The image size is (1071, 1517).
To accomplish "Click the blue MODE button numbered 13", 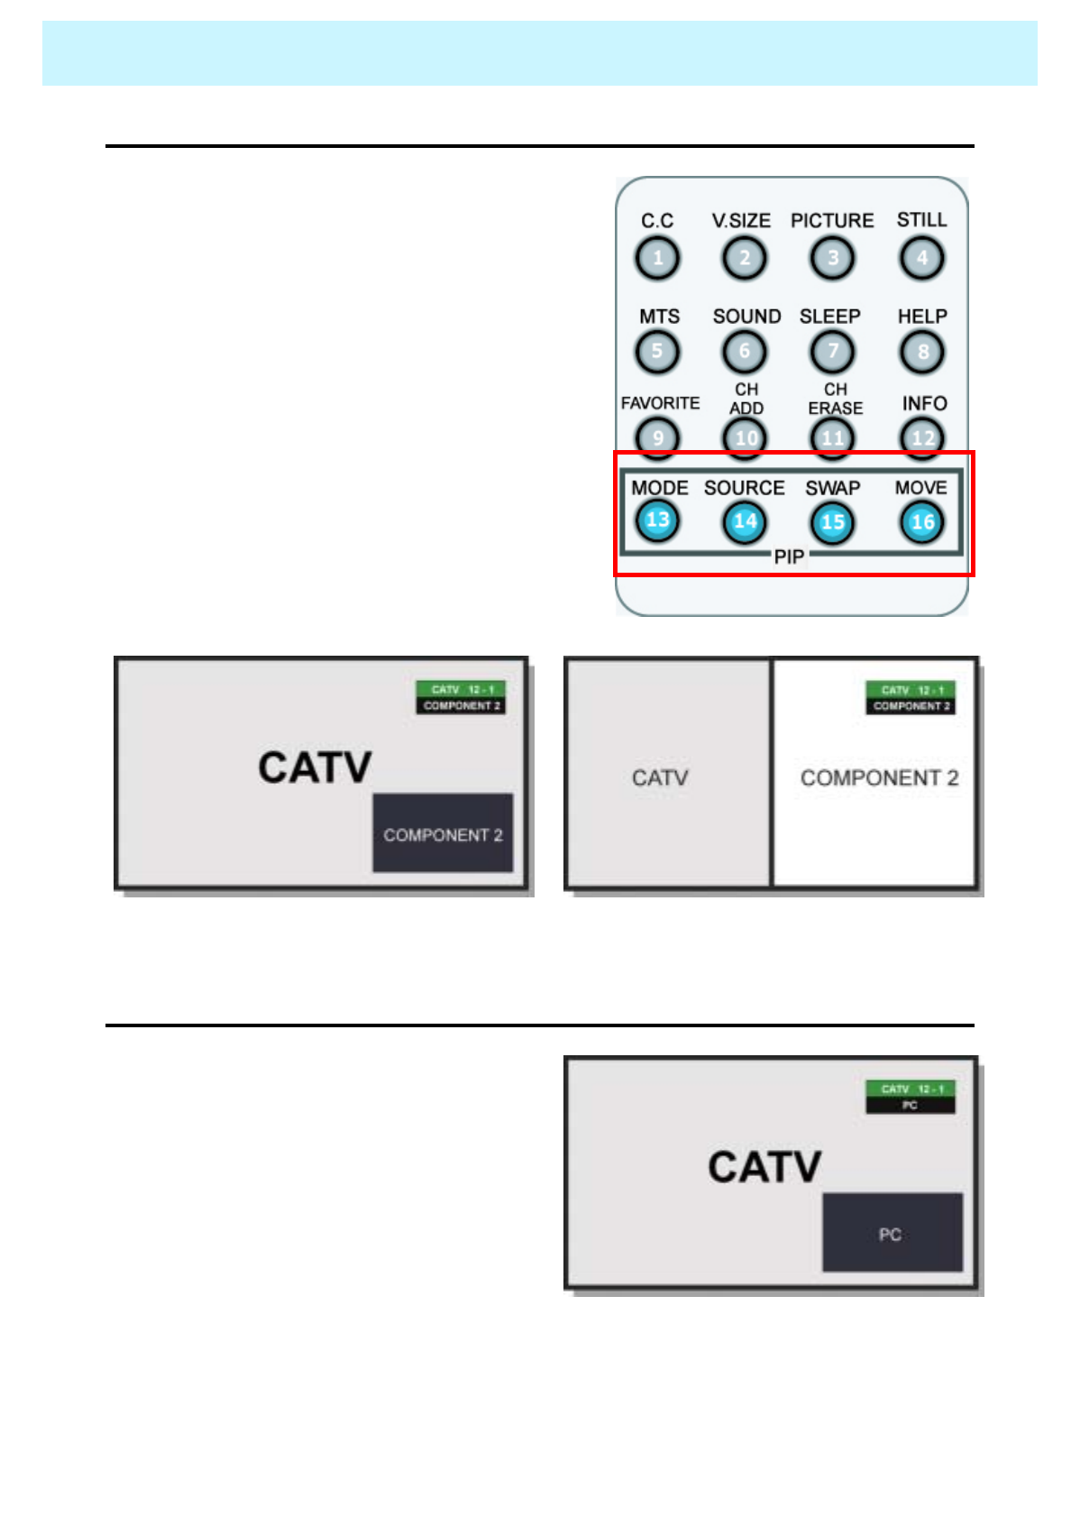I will coord(657,521).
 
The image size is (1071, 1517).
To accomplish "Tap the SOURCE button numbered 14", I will coord(745,522).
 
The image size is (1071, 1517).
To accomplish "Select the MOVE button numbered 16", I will coord(921,522).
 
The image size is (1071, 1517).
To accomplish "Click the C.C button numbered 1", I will coord(657,259).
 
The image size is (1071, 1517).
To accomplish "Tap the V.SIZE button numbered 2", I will coord(744,259).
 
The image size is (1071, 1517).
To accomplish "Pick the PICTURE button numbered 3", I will coord(832,259).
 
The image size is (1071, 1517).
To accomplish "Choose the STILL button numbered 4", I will coord(921,259).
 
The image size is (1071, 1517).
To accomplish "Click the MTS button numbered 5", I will coord(657,352).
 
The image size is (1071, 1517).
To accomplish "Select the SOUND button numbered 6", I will coord(744,352).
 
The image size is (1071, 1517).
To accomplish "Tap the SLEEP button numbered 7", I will coord(832,352).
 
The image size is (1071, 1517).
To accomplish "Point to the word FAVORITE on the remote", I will coord(660,403).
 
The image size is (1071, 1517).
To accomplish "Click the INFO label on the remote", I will coord(924,403).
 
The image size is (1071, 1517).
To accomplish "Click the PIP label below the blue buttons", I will coord(789,557).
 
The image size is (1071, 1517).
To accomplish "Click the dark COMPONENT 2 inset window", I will coord(443,833).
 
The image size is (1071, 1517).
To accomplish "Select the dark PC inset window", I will coord(892,1233).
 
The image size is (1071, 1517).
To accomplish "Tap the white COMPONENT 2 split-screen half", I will coord(874,812).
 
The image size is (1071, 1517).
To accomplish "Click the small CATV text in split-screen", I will coord(660,777).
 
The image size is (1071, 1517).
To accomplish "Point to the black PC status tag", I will coord(911,1106).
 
